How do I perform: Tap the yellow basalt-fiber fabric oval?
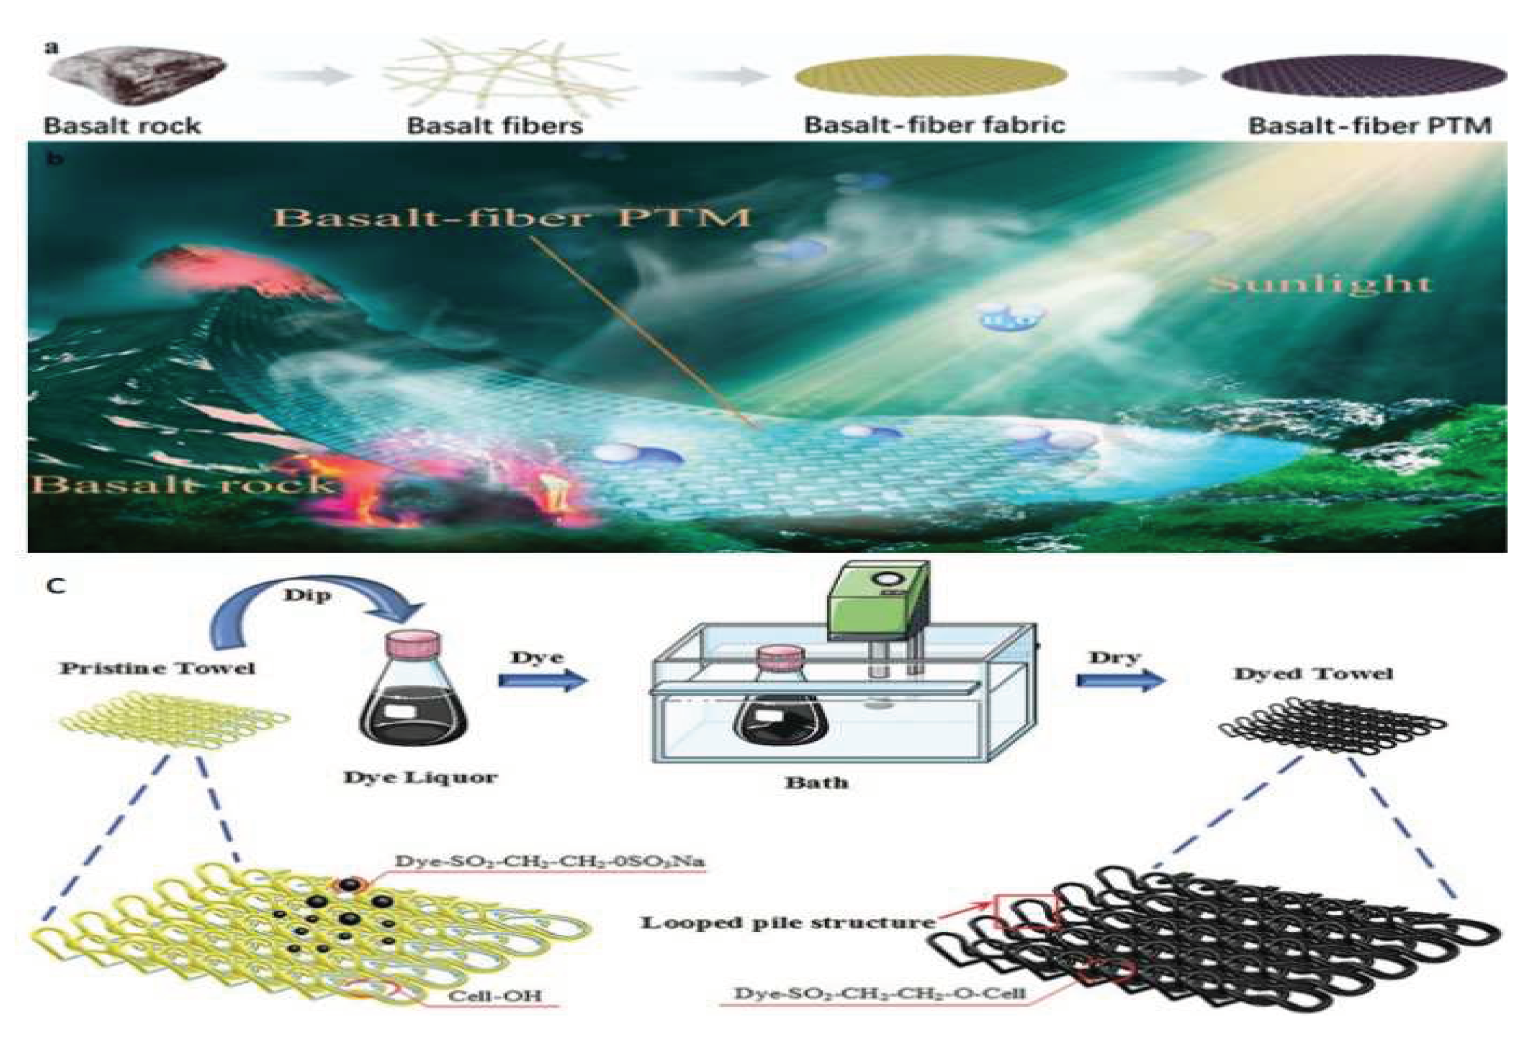tap(930, 76)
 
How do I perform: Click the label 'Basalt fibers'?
tap(494, 125)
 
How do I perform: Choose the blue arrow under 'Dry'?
tap(1120, 680)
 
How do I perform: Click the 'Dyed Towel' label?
tap(1313, 674)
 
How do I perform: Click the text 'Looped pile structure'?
tap(787, 922)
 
